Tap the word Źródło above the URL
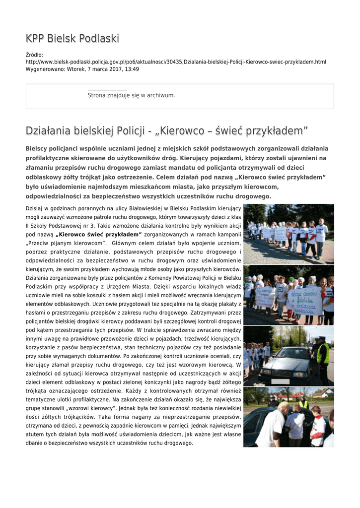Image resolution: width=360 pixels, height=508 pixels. [x=34, y=55]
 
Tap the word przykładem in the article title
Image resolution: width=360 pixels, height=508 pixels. [x=279, y=131]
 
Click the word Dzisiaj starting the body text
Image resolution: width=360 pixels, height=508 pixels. [x=35, y=208]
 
